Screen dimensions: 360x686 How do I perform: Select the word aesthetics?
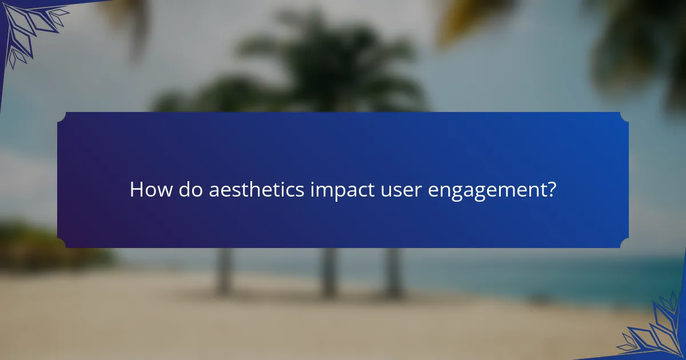[x=256, y=190]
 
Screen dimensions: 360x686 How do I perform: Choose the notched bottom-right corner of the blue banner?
[x=625, y=244]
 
